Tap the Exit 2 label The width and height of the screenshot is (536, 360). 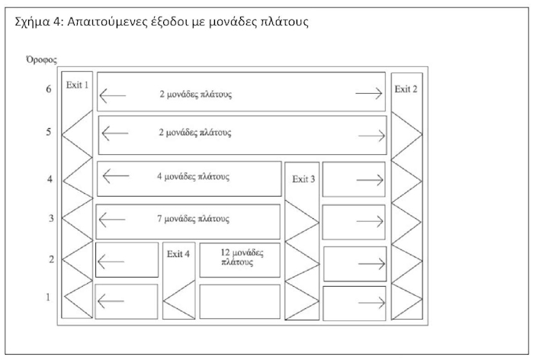406,89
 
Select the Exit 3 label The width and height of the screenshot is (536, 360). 303,179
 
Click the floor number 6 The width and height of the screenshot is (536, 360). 49,89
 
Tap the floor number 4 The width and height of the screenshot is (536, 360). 49,180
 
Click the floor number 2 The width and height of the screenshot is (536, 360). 49,260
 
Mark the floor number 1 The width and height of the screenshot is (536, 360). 49,297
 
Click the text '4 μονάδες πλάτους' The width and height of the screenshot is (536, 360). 193,176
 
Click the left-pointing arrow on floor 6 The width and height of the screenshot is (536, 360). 113,95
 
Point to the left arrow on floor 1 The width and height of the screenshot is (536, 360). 111,303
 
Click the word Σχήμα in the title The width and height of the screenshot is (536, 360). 36,22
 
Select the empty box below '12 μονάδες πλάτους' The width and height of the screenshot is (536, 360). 239,301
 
